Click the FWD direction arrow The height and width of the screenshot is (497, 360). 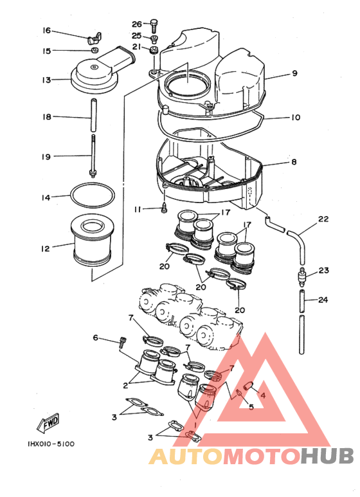click(x=48, y=423)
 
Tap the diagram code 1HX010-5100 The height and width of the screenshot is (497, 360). click(x=51, y=444)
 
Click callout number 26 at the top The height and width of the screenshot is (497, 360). click(x=137, y=24)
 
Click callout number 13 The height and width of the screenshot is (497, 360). click(x=46, y=80)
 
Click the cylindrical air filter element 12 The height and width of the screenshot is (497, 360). click(x=92, y=241)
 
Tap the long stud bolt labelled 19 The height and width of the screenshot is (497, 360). click(x=93, y=156)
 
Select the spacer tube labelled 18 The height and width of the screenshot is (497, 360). click(x=94, y=115)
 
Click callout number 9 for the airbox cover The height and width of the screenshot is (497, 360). click(x=295, y=73)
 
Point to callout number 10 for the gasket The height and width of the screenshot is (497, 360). click(x=295, y=117)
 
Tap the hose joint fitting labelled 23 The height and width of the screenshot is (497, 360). click(x=302, y=276)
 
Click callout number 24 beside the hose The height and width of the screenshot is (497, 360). click(x=323, y=300)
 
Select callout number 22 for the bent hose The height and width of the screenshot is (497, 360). click(x=323, y=219)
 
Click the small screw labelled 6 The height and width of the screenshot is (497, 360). click(x=123, y=341)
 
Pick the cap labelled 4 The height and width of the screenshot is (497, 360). click(x=248, y=386)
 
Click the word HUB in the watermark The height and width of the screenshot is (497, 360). click(x=327, y=456)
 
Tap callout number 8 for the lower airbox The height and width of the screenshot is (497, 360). click(x=294, y=162)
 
